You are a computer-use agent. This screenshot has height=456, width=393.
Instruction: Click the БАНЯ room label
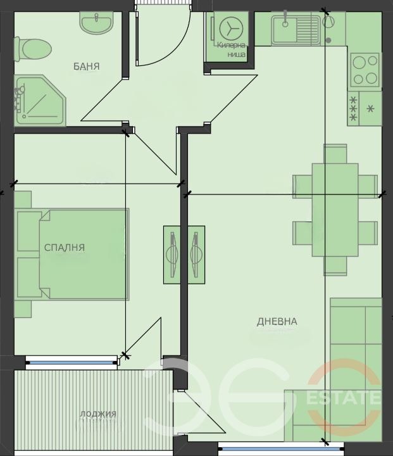[x=86, y=66]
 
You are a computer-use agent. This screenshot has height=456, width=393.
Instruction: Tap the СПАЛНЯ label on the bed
[x=65, y=248]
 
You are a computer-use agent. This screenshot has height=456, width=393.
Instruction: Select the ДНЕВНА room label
[x=277, y=321]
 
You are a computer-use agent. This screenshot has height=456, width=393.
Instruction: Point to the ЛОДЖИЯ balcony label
[x=98, y=414]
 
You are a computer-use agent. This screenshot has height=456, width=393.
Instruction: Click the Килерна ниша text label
[x=232, y=49]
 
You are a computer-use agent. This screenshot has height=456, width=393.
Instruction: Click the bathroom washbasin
[x=96, y=23]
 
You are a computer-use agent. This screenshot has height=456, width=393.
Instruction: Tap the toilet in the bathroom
[x=33, y=49]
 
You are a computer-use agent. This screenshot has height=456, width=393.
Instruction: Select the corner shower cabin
[x=40, y=101]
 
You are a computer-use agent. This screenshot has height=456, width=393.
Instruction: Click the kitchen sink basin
[x=285, y=29]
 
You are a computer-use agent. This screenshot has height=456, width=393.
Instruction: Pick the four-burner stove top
[x=365, y=70]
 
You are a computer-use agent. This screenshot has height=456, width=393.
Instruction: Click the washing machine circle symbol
[x=231, y=28]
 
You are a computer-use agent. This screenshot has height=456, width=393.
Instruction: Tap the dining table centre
[x=335, y=210]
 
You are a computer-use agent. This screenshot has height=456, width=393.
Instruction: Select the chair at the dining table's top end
[x=335, y=153]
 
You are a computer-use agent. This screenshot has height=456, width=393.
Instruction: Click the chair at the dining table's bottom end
[x=335, y=266]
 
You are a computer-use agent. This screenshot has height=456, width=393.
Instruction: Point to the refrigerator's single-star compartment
[x=370, y=109]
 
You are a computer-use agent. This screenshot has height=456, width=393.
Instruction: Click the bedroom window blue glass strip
[x=72, y=363]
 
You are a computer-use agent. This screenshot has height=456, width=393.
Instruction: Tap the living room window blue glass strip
[x=281, y=449]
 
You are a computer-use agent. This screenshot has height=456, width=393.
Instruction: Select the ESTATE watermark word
[x=344, y=397]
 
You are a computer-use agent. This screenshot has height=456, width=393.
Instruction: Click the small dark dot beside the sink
[x=328, y=40]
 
